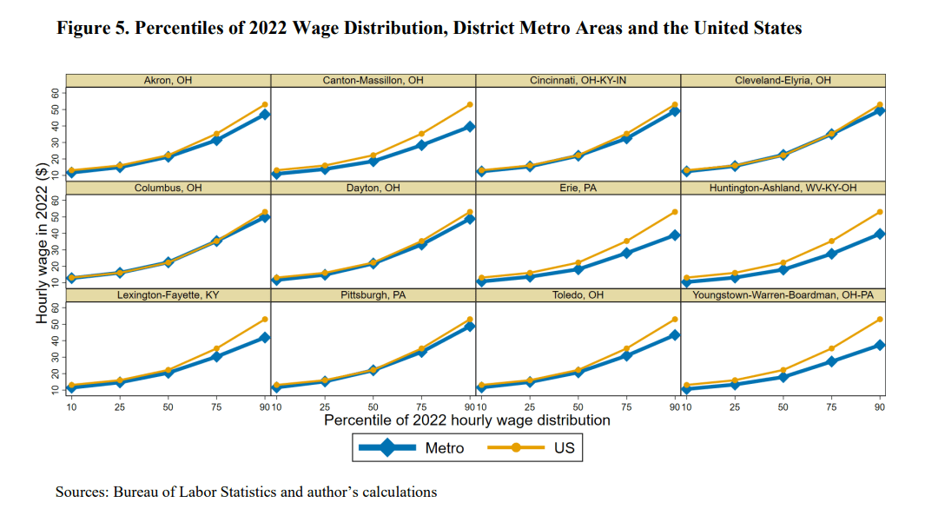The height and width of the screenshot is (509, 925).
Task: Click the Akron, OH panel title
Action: (168, 81)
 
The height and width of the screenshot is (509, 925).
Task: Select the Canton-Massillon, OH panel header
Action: (373, 81)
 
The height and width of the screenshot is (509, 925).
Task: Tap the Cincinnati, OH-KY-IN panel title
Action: (578, 81)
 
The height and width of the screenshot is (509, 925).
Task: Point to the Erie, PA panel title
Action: (578, 188)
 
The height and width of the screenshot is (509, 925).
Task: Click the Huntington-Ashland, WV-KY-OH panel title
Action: (783, 188)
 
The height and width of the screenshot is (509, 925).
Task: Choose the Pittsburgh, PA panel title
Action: (373, 295)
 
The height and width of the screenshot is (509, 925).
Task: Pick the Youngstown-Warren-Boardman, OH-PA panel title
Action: (783, 295)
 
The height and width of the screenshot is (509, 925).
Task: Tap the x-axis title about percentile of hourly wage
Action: (466, 420)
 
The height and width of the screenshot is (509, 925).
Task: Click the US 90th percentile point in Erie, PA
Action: (674, 212)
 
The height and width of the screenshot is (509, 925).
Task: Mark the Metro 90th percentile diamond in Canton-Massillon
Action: (469, 127)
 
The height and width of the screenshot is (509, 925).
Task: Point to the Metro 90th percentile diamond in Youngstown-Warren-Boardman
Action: (879, 345)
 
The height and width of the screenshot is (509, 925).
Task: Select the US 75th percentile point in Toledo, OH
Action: (625, 349)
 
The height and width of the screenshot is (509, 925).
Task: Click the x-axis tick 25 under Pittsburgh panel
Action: (323, 407)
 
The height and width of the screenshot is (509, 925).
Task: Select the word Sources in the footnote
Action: (82, 492)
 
